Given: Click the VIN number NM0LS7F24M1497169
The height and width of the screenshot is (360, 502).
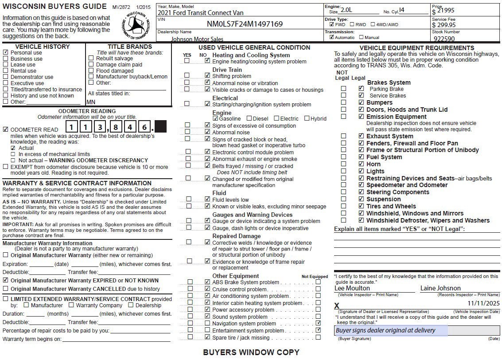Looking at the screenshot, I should coord(245,23).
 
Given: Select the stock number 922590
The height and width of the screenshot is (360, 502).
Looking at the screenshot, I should coord(444,39).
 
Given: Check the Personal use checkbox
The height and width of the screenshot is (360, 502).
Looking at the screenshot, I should coord(5,52).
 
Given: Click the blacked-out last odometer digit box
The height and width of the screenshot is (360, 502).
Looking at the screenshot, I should coord(160,127).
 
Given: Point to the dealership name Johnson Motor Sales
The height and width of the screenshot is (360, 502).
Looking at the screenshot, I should coord(197,39).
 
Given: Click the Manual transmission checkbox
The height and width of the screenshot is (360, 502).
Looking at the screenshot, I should coord(361,37).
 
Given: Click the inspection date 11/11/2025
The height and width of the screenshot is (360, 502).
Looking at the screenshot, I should coord(483,303).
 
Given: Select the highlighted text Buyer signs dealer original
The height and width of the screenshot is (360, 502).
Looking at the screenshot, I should coord(385,330).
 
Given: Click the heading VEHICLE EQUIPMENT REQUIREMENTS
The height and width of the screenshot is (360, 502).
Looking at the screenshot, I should coord(416,48).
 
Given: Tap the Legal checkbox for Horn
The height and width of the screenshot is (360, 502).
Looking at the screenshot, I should coord(361,164).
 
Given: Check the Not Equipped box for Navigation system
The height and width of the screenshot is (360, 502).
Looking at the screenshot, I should coord(318,323).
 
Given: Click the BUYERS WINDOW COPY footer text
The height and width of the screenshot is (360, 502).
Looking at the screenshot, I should coord(251,352).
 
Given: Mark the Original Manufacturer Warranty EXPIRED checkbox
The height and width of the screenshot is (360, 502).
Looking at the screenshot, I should coord(5,280).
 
